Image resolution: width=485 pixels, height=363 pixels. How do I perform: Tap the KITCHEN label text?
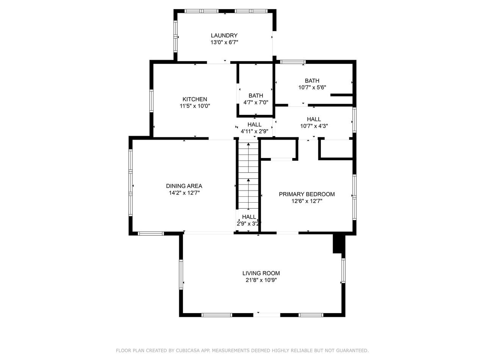click(x=195, y=99)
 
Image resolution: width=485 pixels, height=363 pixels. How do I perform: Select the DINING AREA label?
click(x=184, y=186)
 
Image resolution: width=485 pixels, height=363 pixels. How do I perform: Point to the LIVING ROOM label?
click(x=261, y=273)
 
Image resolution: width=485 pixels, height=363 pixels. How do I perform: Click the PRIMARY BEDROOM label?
click(x=307, y=194)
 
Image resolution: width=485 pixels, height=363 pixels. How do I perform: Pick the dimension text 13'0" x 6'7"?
click(x=224, y=42)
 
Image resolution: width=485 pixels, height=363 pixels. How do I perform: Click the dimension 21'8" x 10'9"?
click(x=261, y=280)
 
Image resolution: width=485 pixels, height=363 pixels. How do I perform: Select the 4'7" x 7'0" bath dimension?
click(x=256, y=102)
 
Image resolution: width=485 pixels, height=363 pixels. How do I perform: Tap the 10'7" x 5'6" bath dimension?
click(x=312, y=87)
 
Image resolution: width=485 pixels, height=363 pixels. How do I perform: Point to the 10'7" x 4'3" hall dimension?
click(x=314, y=126)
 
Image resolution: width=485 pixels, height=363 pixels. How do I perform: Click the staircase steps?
click(x=248, y=176)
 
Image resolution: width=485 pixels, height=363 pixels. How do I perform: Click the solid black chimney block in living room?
click(x=339, y=244)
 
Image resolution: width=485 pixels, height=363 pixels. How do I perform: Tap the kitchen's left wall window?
click(x=151, y=101)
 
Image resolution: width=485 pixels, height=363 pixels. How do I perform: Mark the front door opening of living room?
click(x=267, y=315)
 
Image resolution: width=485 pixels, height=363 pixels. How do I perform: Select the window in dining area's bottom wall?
click(x=151, y=233)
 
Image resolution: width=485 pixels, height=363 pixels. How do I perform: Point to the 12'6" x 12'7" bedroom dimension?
click(x=307, y=201)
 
